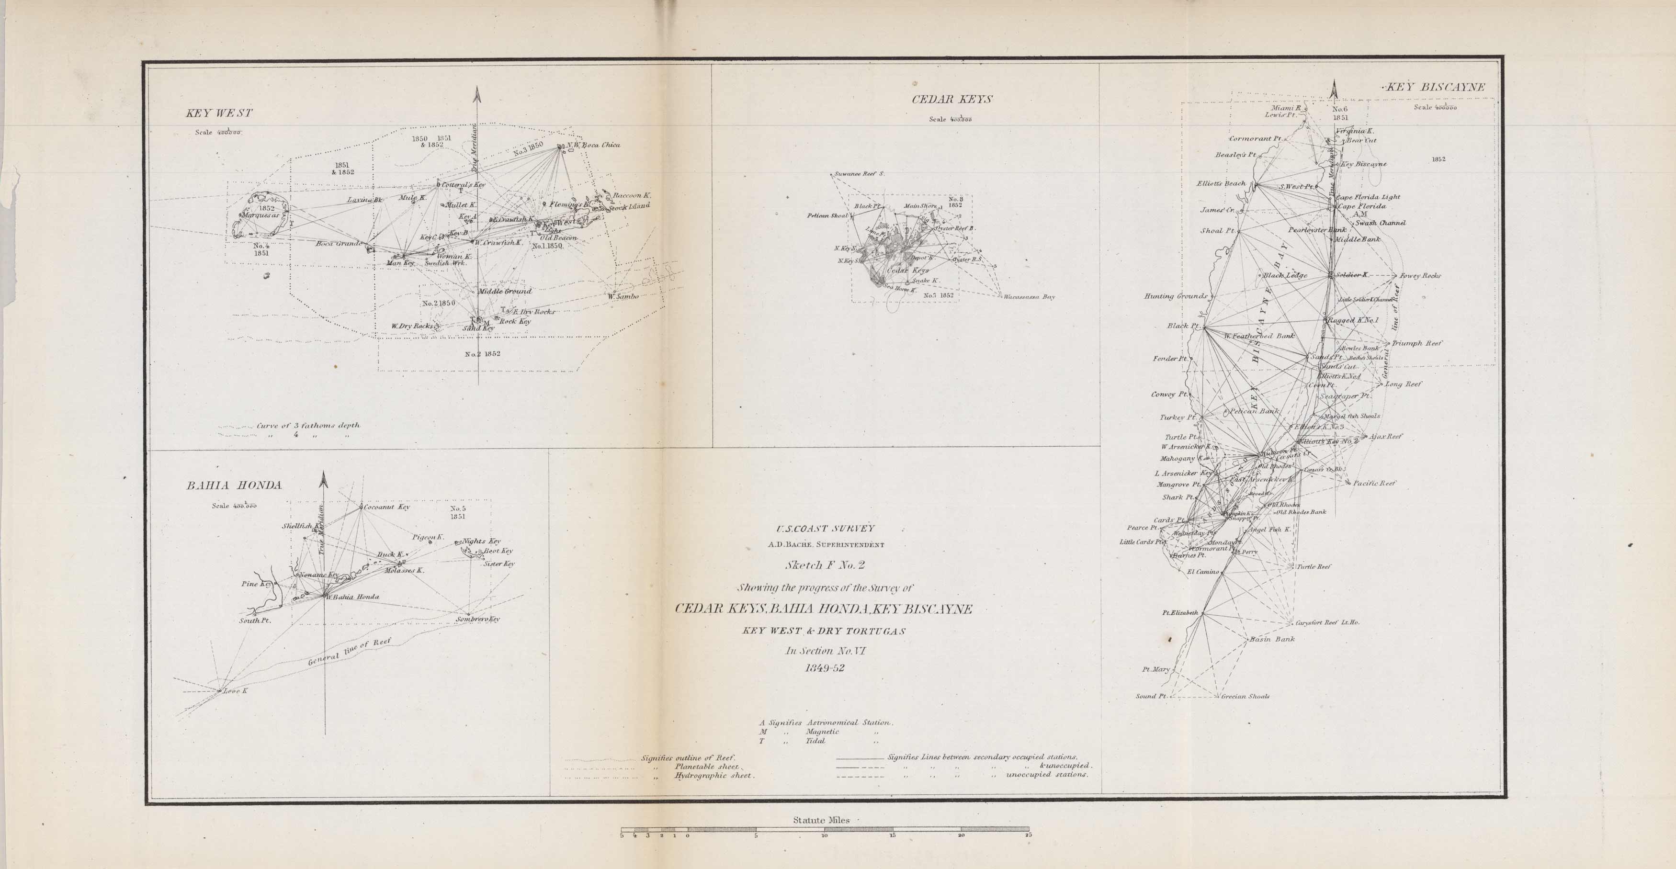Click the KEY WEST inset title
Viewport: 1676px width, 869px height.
[219, 113]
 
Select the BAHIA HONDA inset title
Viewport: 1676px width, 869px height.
[234, 485]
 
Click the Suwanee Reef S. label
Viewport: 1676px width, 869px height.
[860, 174]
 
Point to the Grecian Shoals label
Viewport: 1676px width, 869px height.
[1246, 697]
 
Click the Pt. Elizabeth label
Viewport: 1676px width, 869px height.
[1180, 613]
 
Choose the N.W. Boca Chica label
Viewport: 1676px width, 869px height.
[593, 145]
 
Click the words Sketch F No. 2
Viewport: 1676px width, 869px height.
[824, 565]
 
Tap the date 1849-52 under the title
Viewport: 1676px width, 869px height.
[824, 667]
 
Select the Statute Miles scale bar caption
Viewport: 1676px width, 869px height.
[821, 821]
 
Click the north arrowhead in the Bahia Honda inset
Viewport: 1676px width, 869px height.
[323, 480]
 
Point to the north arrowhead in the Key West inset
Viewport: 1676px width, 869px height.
[477, 94]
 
